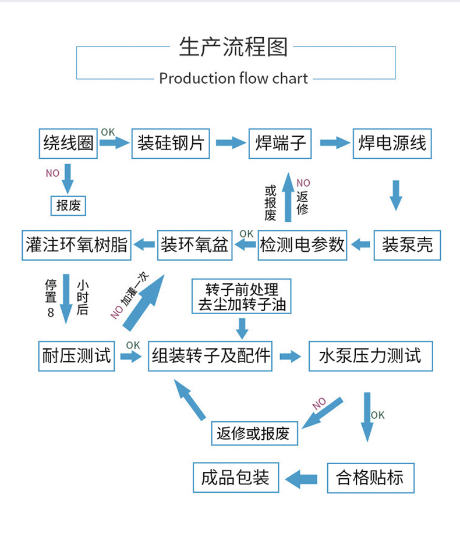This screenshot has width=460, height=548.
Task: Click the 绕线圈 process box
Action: click(x=68, y=143)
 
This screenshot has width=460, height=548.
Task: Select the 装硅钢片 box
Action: click(x=171, y=143)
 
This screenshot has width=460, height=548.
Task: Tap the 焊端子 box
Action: click(x=280, y=143)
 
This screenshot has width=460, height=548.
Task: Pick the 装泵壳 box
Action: click(x=407, y=245)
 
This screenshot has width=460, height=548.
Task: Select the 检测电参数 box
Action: click(x=302, y=245)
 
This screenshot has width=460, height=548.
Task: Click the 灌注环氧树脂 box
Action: click(x=77, y=245)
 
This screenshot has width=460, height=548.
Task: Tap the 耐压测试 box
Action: click(x=76, y=355)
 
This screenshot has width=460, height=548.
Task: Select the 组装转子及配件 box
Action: click(x=211, y=355)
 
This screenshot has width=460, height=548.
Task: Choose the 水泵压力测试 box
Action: click(x=370, y=355)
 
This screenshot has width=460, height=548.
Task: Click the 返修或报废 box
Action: click(x=253, y=433)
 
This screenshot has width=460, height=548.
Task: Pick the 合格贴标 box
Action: click(x=370, y=478)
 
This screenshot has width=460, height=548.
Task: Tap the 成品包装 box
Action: click(x=235, y=478)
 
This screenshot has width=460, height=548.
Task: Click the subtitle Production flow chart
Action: click(x=233, y=79)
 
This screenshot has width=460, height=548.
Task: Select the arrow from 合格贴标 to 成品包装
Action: click(x=302, y=479)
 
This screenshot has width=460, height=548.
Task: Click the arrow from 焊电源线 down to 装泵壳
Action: click(x=396, y=195)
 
